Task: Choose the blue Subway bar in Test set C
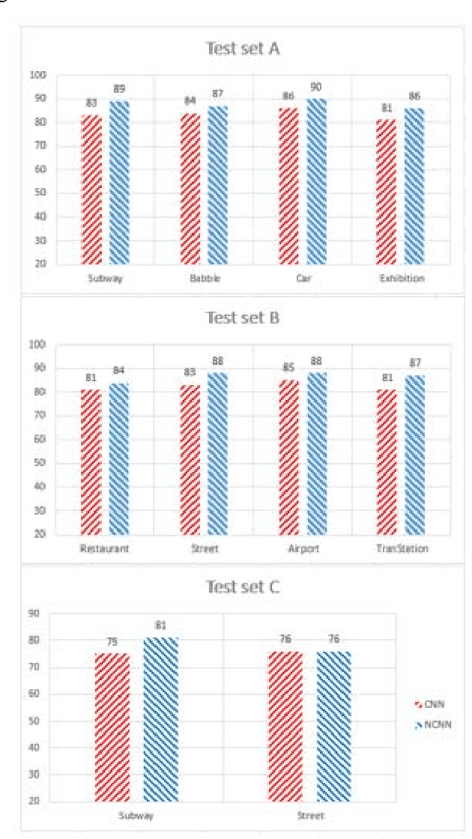tap(160, 719)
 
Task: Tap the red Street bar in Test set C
tap(285, 727)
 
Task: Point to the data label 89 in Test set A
tap(119, 89)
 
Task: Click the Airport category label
tap(303, 548)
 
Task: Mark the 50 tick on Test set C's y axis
tap(55, 721)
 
